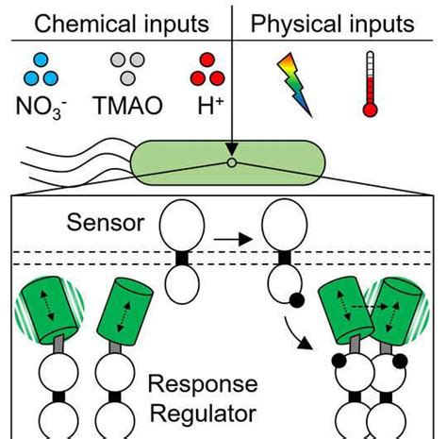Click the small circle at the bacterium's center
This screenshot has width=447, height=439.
pyautogui.click(x=230, y=162)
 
